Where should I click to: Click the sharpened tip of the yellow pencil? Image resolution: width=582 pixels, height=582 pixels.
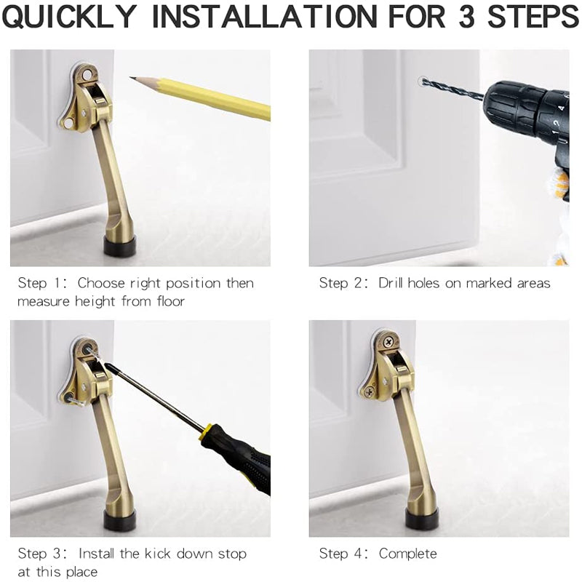click(130, 77)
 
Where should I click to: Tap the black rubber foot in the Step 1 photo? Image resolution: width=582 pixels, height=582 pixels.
click(119, 247)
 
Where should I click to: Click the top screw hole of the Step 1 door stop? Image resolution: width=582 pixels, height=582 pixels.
click(87, 76)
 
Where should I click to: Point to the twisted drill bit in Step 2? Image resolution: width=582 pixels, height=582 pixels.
click(453, 89)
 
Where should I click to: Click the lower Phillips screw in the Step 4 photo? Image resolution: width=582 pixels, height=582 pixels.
click(370, 391)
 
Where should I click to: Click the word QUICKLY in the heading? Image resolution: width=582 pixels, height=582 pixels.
click(69, 16)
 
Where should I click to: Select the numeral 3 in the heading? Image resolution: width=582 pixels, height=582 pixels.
click(466, 16)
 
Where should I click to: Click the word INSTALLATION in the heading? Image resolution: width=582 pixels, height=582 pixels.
click(264, 16)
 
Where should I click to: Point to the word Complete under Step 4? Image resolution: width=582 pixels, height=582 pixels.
click(407, 554)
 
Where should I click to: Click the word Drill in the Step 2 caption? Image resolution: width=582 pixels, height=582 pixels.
click(391, 283)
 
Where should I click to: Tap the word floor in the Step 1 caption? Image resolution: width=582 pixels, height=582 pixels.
click(170, 300)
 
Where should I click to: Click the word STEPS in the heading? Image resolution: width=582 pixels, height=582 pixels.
click(533, 16)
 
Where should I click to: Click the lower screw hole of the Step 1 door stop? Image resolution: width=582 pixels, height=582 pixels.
click(68, 122)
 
